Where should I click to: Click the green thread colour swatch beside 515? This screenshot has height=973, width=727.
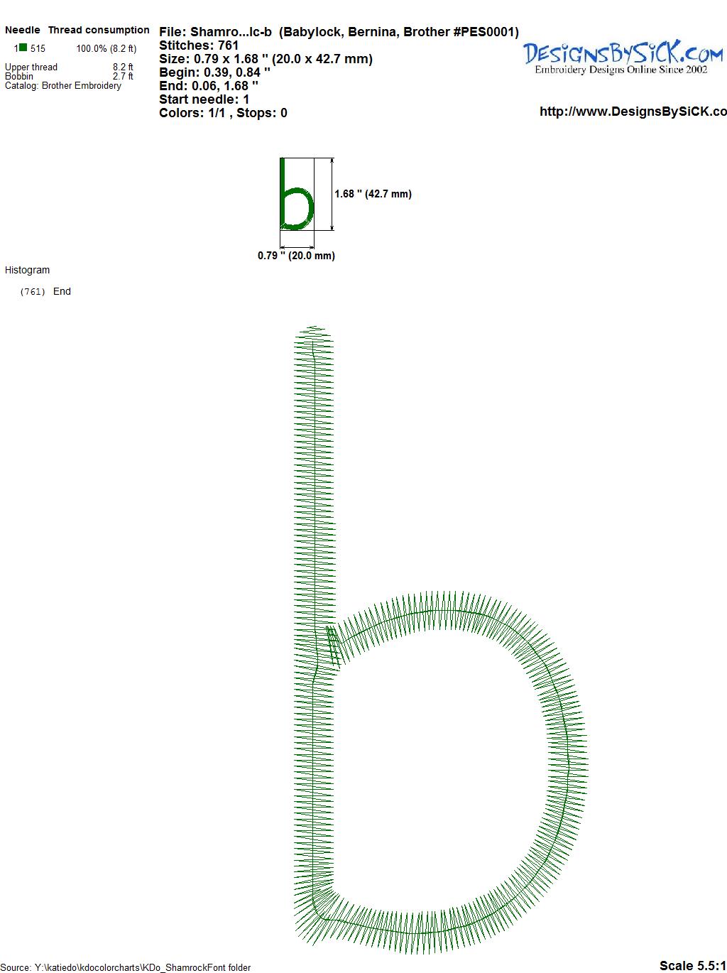(23, 48)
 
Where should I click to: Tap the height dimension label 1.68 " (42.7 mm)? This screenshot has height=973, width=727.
(373, 194)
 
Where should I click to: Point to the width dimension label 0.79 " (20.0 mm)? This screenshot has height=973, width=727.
(296, 256)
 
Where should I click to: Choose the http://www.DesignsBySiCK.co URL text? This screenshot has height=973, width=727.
(633, 112)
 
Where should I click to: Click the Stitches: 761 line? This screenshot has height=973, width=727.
(199, 45)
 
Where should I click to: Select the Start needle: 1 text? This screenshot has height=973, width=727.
(204, 99)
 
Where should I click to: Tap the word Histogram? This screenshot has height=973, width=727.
(27, 270)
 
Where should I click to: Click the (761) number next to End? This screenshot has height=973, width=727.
(33, 292)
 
